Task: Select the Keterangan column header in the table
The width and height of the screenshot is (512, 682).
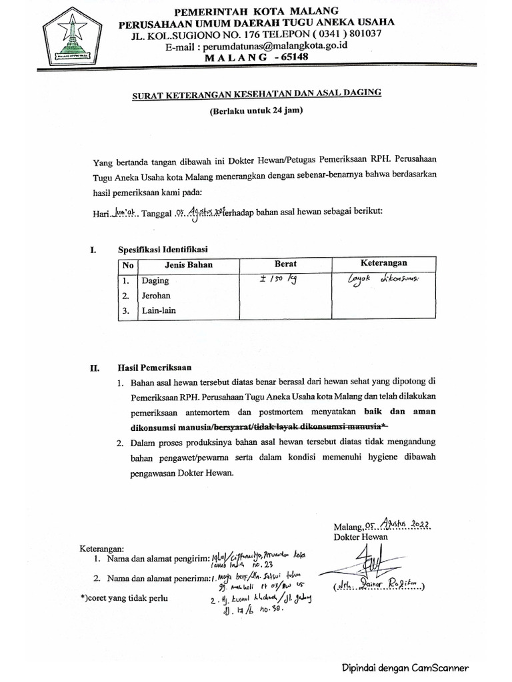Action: (383, 263)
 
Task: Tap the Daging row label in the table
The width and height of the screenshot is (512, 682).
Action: (155, 281)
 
